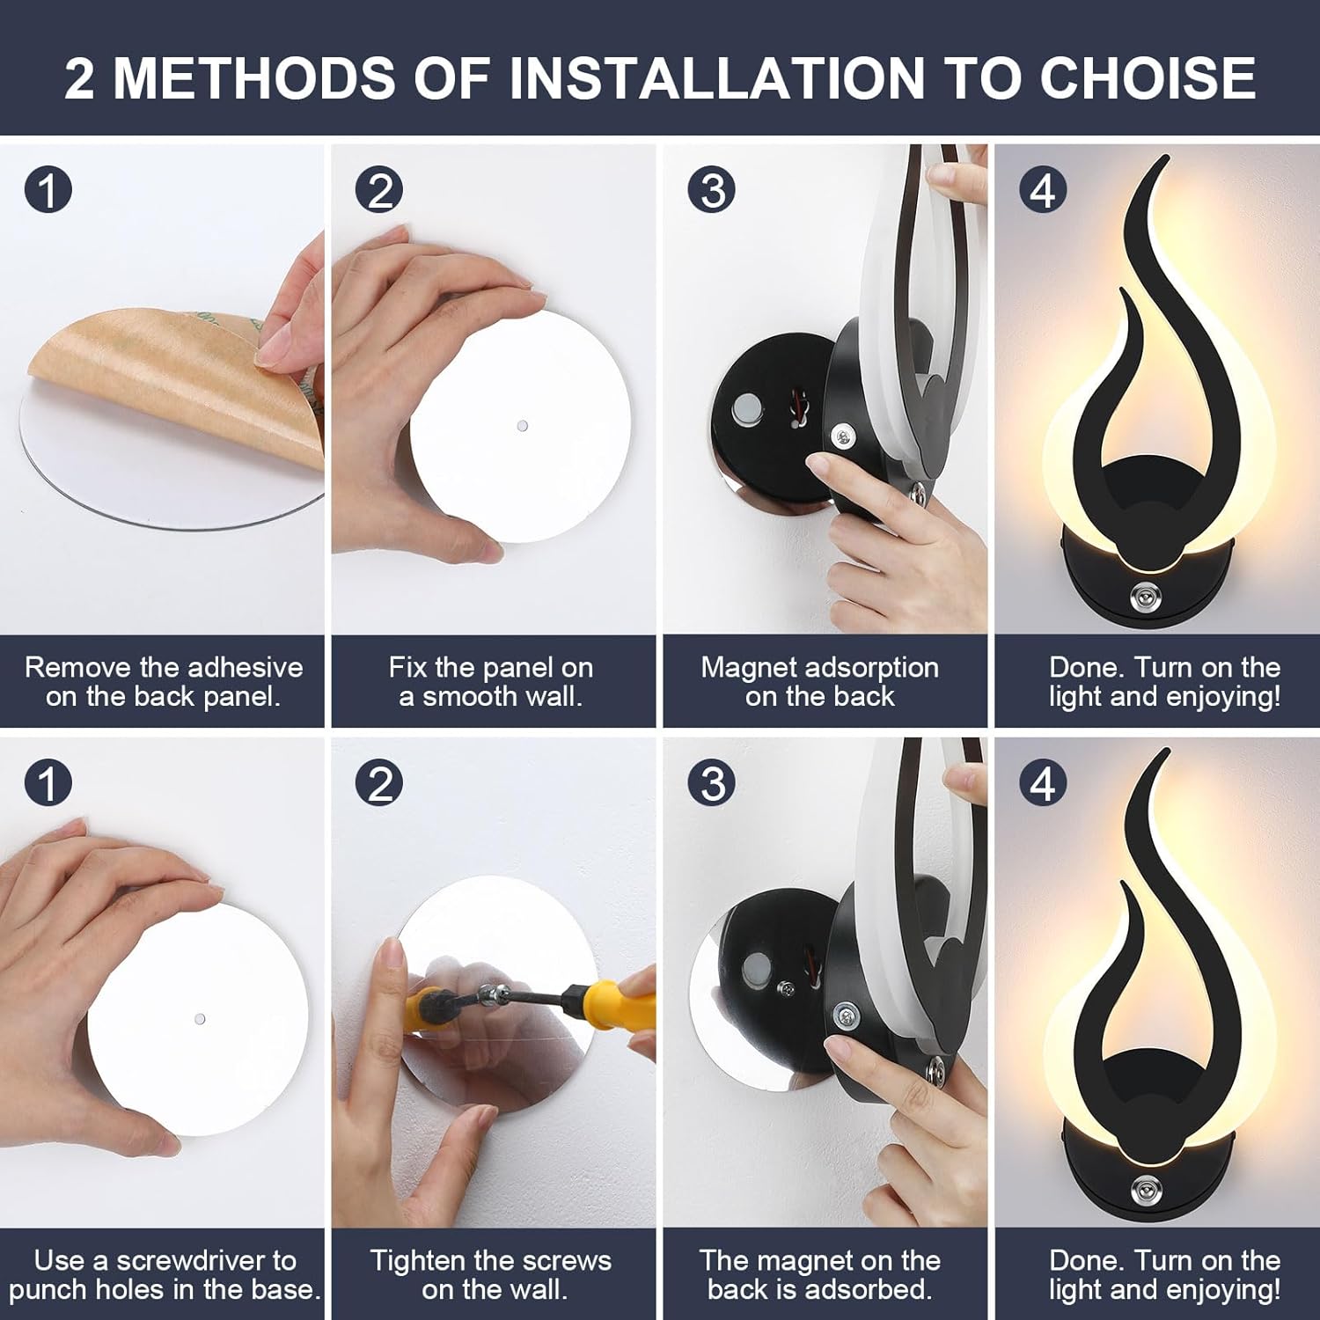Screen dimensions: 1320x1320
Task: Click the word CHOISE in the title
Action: point(1148,77)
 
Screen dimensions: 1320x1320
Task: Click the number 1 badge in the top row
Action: point(48,190)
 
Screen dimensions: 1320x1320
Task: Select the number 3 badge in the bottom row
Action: point(712,783)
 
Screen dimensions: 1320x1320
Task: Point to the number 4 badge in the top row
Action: point(1043,190)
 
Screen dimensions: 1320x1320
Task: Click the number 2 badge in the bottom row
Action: point(379,783)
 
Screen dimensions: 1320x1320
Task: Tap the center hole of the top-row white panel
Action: point(522,426)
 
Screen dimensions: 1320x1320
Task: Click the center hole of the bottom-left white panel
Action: point(200,1019)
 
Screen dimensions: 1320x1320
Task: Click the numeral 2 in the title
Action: point(79,77)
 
